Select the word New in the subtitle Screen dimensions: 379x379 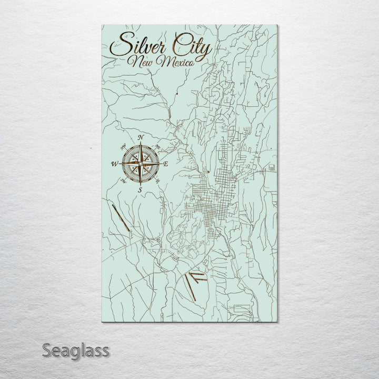(x=144, y=63)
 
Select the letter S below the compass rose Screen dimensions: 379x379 (x=140, y=189)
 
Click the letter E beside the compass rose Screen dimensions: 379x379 (x=165, y=165)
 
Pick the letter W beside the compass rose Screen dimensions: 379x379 (x=114, y=164)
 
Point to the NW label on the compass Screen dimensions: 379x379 (x=123, y=147)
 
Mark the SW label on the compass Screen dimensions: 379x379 (x=123, y=182)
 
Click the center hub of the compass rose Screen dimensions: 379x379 (x=141, y=164)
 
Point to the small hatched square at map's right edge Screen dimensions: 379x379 (x=272, y=168)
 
